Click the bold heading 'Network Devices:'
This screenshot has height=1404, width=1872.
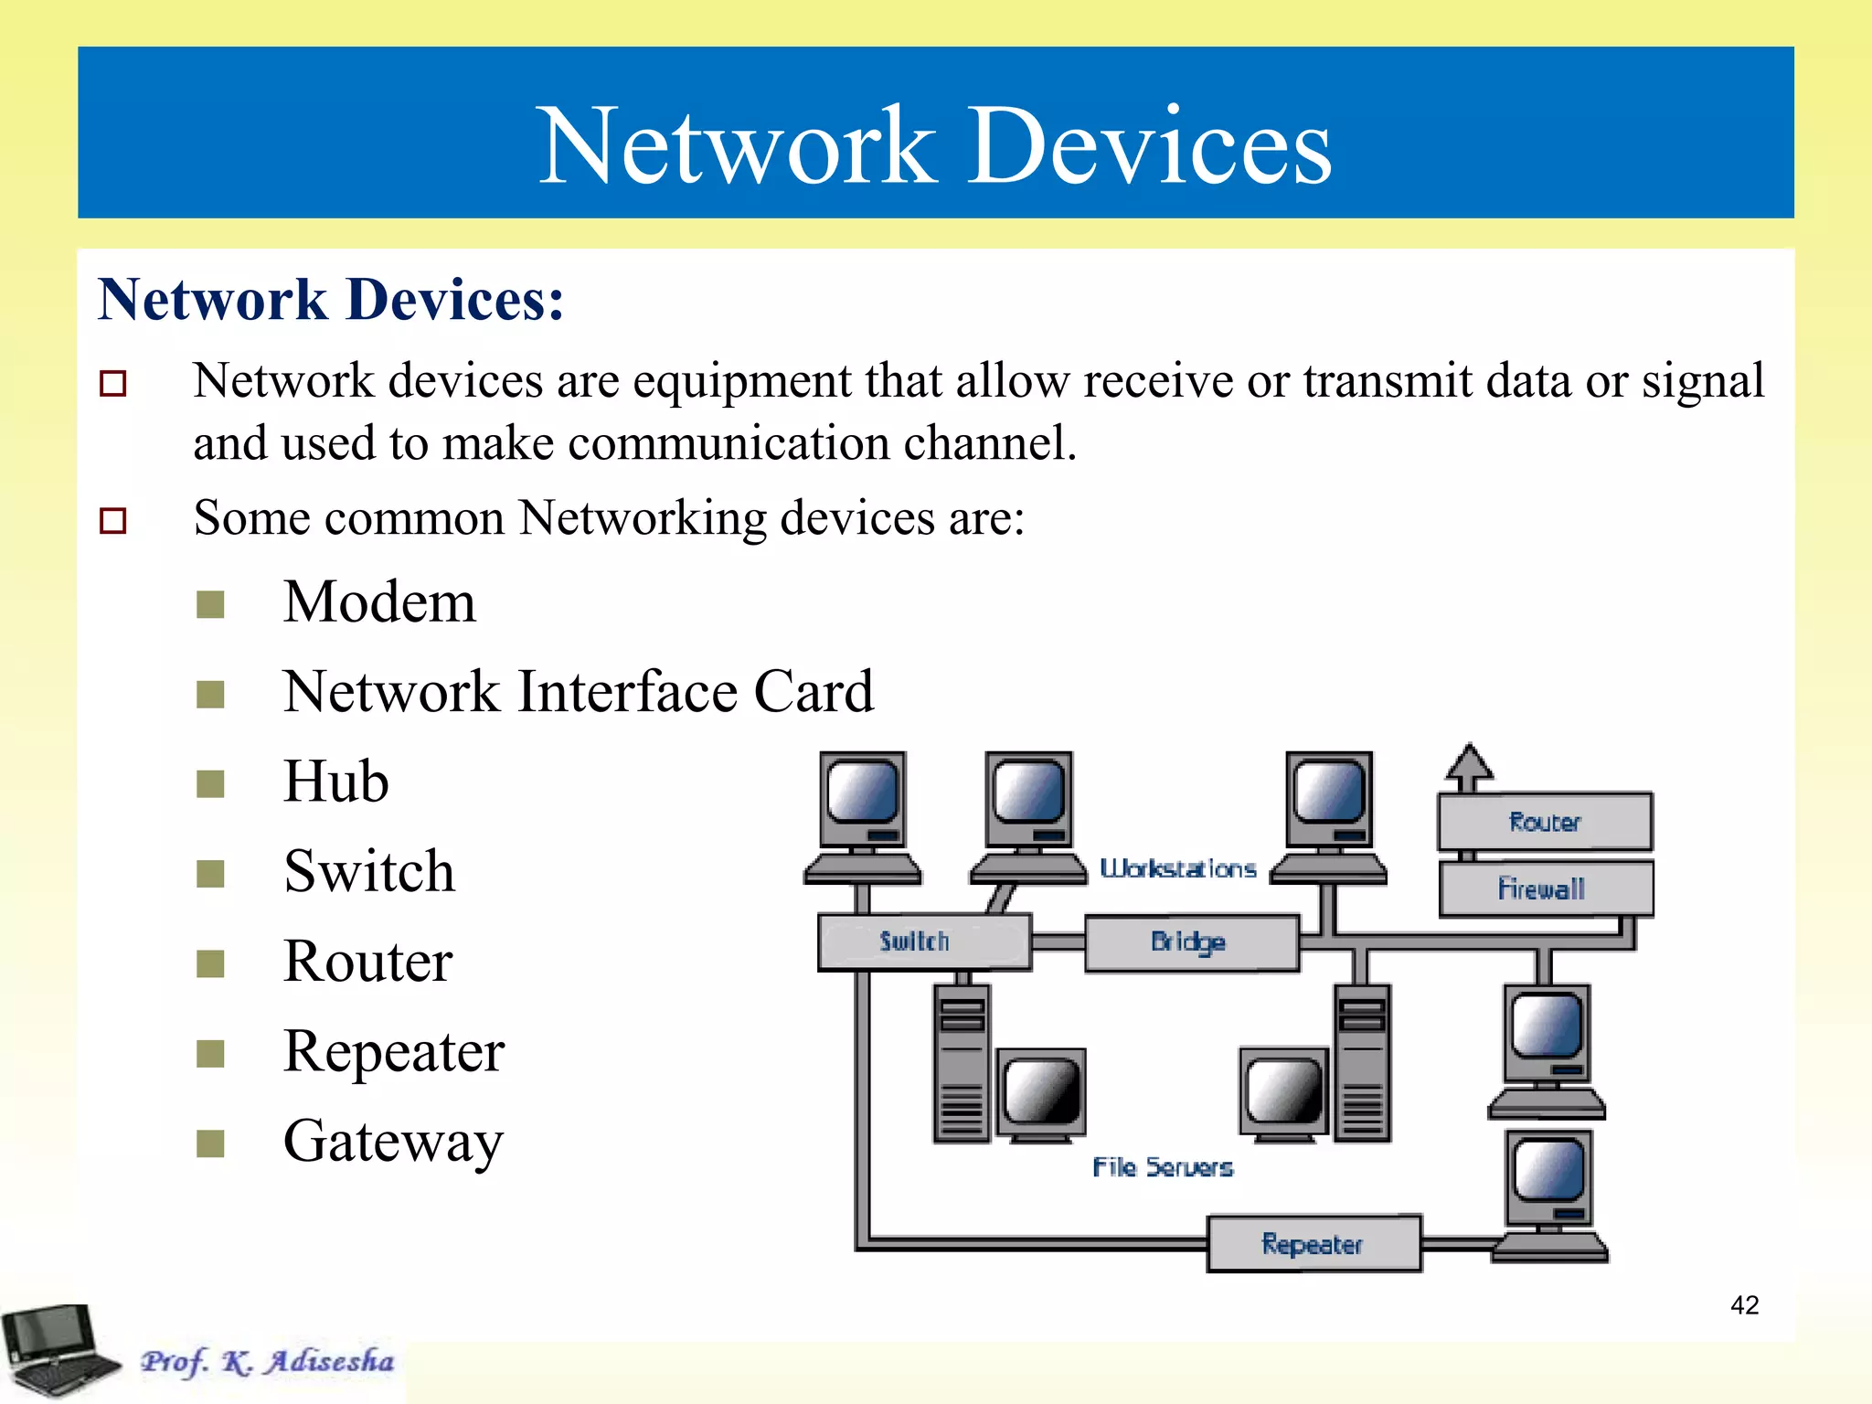point(331,300)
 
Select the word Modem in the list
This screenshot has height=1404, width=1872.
point(379,602)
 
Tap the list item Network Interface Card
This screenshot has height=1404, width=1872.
point(578,692)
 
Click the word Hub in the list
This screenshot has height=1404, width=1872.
point(335,782)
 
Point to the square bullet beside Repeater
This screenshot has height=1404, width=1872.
point(210,1053)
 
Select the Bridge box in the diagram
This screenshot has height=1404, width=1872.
point(1191,942)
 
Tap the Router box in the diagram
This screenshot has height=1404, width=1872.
point(1545,822)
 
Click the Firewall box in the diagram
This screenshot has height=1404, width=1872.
point(1545,888)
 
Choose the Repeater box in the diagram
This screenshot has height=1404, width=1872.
point(1314,1244)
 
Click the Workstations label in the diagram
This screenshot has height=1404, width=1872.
point(1177,868)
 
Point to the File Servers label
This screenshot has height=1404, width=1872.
point(1162,1167)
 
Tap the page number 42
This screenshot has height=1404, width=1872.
point(1744,1304)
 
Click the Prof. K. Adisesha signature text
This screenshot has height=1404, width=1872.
point(267,1361)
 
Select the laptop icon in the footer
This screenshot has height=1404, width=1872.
point(57,1351)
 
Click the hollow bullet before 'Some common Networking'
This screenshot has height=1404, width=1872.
point(112,520)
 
